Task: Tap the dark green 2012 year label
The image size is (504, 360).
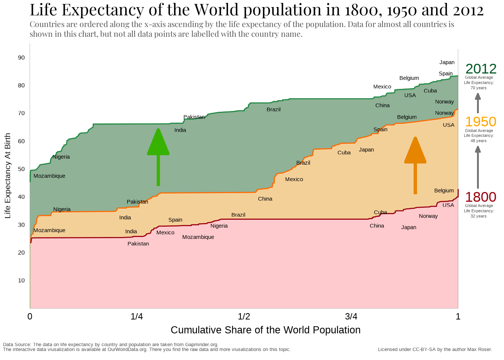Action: [x=481, y=69]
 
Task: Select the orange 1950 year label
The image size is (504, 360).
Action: [x=480, y=122]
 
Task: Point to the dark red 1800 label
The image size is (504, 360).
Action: [x=480, y=197]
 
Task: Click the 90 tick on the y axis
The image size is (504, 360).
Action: [x=21, y=58]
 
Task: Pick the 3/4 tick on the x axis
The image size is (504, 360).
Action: [x=351, y=316]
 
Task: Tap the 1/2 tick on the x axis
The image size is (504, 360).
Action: [x=244, y=316]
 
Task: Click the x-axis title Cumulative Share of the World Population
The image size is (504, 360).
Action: [x=265, y=330]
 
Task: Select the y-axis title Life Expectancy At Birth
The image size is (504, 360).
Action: [x=7, y=175]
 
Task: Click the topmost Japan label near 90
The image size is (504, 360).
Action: [x=447, y=63]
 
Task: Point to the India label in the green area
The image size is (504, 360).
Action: [x=180, y=130]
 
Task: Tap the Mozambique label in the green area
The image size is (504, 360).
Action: [x=49, y=176]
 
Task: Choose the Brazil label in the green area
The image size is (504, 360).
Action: [x=273, y=109]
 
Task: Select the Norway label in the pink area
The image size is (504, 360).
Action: [x=428, y=216]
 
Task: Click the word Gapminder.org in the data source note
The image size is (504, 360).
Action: [x=201, y=345]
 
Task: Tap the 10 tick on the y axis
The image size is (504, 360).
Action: [x=21, y=280]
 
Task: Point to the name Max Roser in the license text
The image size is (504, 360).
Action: [x=479, y=349]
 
